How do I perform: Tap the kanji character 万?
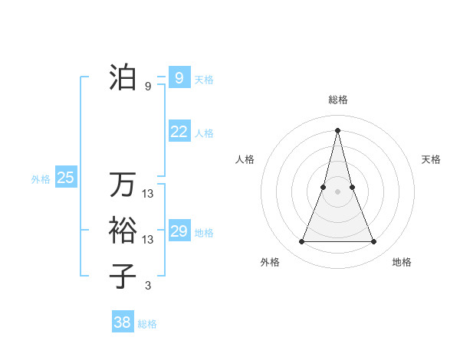(123, 185)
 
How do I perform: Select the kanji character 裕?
(123, 230)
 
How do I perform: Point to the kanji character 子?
(123, 274)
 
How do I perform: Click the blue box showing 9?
(179, 77)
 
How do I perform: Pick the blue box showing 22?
(179, 132)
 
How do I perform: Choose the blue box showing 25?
(65, 178)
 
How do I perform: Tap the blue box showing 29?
(179, 231)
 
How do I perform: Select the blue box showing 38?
(122, 322)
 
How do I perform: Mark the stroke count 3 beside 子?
(148, 286)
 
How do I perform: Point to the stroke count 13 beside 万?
(148, 195)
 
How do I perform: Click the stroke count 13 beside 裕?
(148, 240)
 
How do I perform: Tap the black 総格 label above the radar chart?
(338, 100)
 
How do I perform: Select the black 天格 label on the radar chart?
(432, 159)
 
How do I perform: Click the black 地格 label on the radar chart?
(402, 262)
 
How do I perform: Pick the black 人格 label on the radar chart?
(245, 159)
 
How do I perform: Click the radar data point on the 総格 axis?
(338, 129)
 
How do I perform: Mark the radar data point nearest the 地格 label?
(374, 242)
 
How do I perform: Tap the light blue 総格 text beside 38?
(147, 324)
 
